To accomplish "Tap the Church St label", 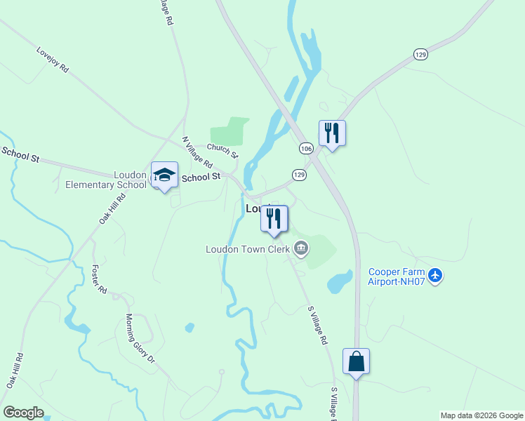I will point(222,151).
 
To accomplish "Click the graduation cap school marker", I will point(164,175).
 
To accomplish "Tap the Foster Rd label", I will point(99,279).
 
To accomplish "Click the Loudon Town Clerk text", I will point(248,249).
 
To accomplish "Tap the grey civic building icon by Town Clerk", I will point(301,248).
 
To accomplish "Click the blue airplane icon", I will point(436,275).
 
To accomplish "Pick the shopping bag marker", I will point(356,361).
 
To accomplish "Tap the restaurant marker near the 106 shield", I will point(332,133).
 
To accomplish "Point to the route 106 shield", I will point(306,149).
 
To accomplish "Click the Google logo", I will point(23,413).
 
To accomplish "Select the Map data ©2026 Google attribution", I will point(481,415).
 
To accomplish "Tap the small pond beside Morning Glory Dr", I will point(190,327).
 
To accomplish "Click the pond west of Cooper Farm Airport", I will point(340,281).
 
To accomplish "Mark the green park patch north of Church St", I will point(230,131).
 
